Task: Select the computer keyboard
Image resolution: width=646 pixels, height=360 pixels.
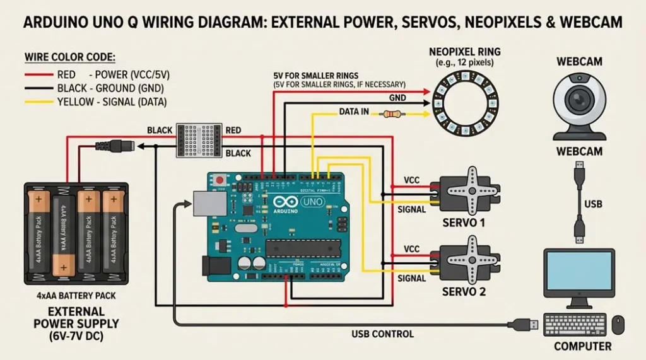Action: click(x=575, y=325)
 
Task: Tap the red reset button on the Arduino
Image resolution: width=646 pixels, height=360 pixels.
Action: click(x=220, y=180)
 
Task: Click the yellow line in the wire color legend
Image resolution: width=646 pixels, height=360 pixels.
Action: click(x=39, y=102)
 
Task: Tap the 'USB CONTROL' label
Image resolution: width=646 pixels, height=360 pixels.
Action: click(x=383, y=334)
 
